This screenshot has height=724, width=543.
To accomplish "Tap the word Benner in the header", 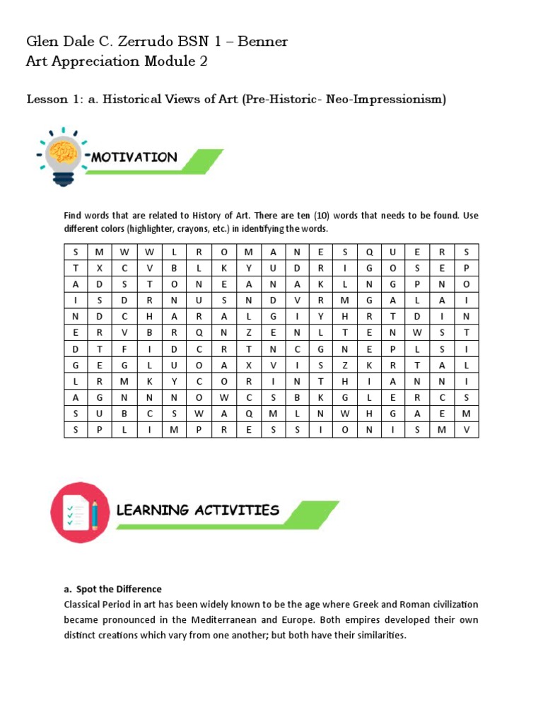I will (x=262, y=41).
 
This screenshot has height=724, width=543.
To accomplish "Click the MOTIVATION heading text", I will (x=134, y=157).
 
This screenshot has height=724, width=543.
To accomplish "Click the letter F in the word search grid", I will (x=124, y=349).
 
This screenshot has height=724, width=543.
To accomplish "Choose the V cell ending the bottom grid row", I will (x=466, y=429).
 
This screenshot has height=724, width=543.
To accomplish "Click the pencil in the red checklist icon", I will (x=95, y=512).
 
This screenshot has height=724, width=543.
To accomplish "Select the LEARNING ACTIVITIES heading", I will (x=198, y=510).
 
